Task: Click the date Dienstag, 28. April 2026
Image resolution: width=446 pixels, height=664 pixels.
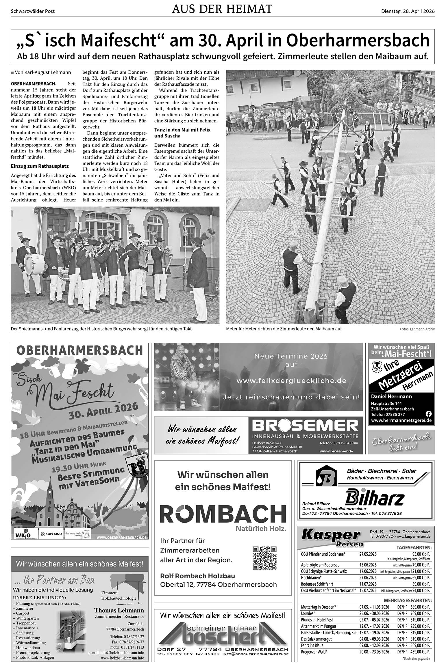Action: click(x=408, y=12)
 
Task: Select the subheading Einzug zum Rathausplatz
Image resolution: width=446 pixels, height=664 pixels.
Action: click(x=40, y=166)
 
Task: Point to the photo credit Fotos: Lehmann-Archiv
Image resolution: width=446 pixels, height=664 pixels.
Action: click(x=417, y=329)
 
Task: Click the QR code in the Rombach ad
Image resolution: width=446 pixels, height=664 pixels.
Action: click(x=264, y=558)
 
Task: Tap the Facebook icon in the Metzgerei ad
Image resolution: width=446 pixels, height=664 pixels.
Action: click(x=429, y=414)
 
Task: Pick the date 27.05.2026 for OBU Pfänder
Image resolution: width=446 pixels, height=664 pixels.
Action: click(x=368, y=554)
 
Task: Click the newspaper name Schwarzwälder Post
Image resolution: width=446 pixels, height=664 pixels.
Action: click(x=33, y=12)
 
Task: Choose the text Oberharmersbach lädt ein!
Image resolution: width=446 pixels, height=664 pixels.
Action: click(x=401, y=442)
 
